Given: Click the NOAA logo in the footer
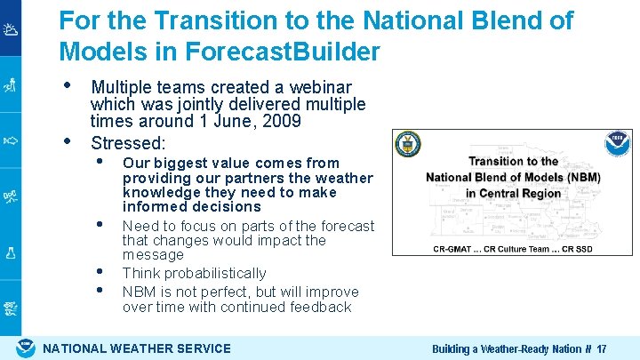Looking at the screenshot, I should [26, 348].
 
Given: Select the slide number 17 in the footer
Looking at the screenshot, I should [602, 348].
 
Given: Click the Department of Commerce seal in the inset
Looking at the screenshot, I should [408, 145].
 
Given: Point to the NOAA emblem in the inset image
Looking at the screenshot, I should [618, 144].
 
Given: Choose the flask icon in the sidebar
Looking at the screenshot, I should [11, 252].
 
